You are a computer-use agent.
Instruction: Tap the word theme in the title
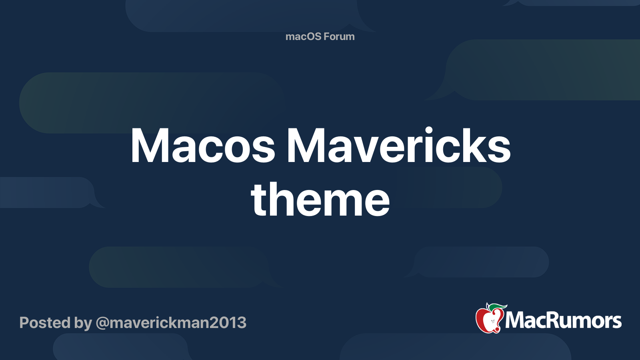320,199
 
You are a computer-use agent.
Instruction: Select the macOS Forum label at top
320,36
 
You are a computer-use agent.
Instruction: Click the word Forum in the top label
339,36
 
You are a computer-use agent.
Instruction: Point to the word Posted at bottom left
45,323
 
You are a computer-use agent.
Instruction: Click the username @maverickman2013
171,323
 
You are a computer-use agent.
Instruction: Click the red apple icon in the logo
489,320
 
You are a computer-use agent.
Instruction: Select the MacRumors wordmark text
563,320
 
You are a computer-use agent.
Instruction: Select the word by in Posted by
83,323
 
